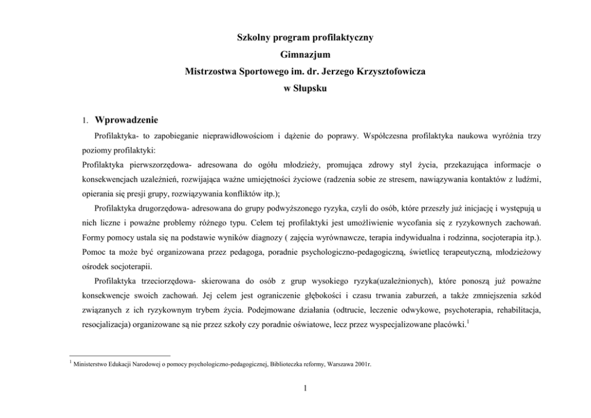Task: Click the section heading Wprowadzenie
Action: tap(126, 120)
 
